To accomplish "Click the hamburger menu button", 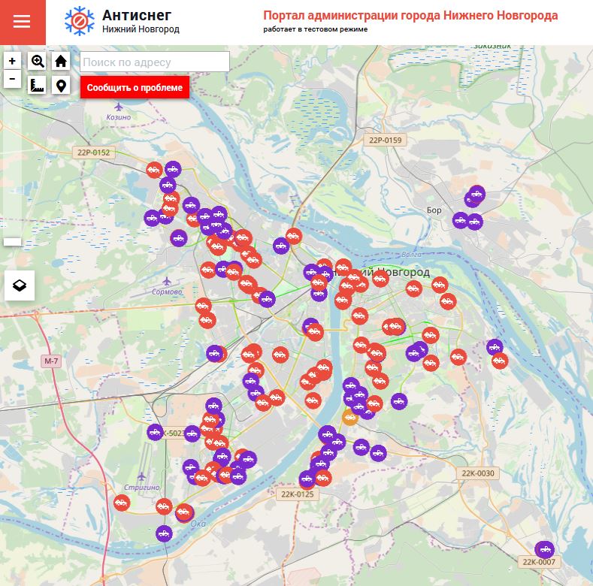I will (22, 22).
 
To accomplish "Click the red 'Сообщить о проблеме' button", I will (135, 87).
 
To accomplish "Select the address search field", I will (155, 62).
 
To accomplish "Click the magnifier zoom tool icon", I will (38, 62).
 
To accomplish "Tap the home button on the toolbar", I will (61, 62).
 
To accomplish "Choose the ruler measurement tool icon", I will (38, 85).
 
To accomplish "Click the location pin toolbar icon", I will (61, 85).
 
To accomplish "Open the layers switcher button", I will (20, 285).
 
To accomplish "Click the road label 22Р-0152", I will (93, 153).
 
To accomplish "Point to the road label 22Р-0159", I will (386, 140).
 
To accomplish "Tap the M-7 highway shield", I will (50, 361).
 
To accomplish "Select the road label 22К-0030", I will (478, 473).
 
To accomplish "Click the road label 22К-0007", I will (538, 562).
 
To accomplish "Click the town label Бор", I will (434, 210).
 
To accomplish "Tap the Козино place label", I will (119, 117).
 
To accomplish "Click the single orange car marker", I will (350, 417).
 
